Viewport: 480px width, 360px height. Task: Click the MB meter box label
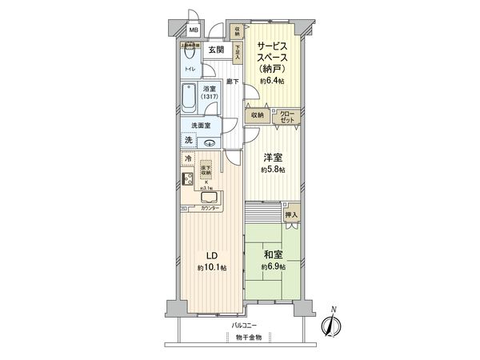pos(193,31)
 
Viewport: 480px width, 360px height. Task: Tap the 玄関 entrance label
pos(215,50)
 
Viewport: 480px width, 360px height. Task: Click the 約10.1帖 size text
pos(213,267)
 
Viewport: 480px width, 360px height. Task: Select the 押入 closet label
pos(291,214)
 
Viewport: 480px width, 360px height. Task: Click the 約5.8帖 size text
pos(272,170)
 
